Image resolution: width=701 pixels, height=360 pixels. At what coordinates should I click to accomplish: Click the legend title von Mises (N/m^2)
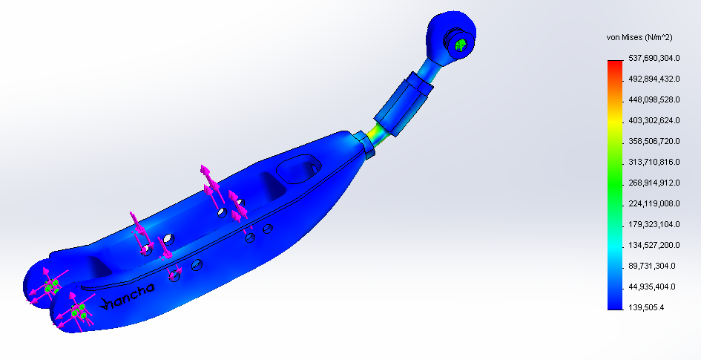(x=639, y=38)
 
